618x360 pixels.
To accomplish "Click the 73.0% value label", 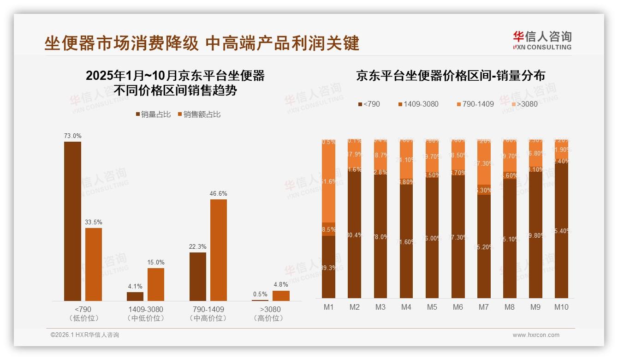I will pos(72,136).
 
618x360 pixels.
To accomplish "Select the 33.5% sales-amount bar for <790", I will pos(94,264).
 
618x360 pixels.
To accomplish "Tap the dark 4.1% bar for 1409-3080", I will pos(135,296).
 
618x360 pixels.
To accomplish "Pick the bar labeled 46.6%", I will pos(219,250).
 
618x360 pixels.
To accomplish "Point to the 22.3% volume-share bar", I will pos(198,276).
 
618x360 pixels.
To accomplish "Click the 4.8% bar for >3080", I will pos(281,295).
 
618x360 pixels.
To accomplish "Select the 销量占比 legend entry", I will pos(153,114).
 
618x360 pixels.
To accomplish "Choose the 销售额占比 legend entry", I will pos(199,114).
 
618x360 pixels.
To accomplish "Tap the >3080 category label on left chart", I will pos(270,309).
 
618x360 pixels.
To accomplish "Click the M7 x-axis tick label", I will pos(483,307).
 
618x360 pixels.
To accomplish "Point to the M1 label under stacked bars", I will pos(328,307).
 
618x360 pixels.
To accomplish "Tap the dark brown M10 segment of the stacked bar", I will pos(561,231).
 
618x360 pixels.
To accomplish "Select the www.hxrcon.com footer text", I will pos(536,335).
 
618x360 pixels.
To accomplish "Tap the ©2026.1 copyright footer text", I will pos(85,335).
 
